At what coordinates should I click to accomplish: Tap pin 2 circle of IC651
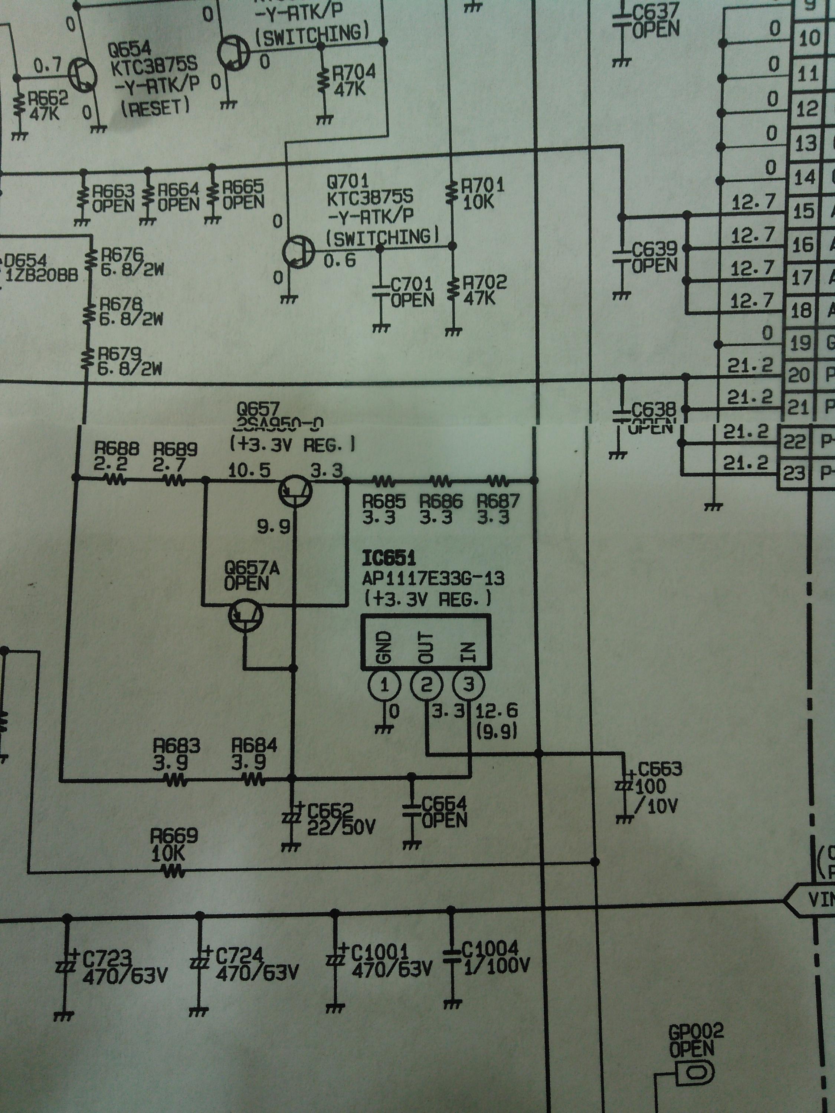pyautogui.click(x=426, y=685)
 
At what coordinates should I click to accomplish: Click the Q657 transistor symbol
pyautogui.click(x=295, y=490)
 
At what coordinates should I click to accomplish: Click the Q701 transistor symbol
pyautogui.click(x=298, y=252)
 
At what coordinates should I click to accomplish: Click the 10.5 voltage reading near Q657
pyautogui.click(x=249, y=470)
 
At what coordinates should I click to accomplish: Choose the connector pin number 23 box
pyautogui.click(x=794, y=473)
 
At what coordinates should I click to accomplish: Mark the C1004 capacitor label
pyautogui.click(x=489, y=949)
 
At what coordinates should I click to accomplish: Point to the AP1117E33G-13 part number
pyautogui.click(x=433, y=578)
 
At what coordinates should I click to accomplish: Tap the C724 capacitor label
pyautogui.click(x=239, y=955)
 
